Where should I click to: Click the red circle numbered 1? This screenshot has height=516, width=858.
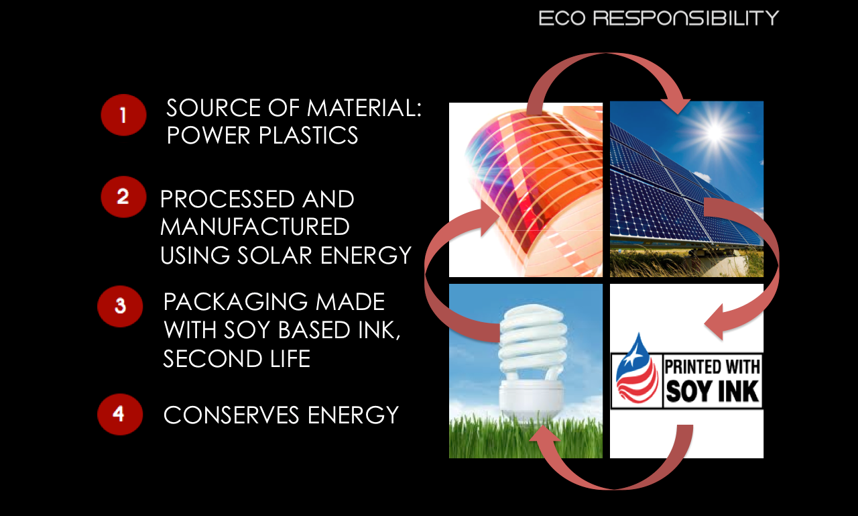[123, 115]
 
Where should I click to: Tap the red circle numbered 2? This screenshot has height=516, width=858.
[123, 197]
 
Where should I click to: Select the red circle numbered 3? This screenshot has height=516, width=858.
[120, 306]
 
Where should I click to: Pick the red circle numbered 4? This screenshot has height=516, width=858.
[120, 415]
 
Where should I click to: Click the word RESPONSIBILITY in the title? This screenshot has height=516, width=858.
[686, 18]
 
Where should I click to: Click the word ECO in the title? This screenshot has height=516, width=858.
[562, 18]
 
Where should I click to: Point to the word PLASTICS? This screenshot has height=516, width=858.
[308, 136]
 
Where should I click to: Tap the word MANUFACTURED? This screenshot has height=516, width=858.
[255, 227]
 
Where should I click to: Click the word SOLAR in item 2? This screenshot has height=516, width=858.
[274, 256]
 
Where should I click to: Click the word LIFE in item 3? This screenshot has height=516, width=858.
[290, 359]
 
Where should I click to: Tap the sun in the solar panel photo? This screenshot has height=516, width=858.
[715, 132]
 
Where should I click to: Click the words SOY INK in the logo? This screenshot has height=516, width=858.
[713, 391]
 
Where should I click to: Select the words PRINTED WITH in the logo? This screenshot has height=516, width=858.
[713, 366]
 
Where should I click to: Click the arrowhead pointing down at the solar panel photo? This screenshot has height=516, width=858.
[676, 106]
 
